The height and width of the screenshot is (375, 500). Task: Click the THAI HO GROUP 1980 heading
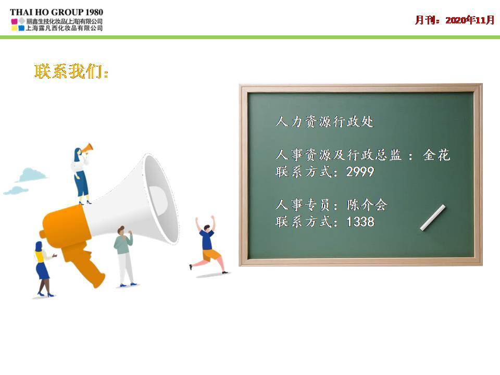[56, 12]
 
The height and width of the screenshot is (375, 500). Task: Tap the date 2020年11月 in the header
[470, 20]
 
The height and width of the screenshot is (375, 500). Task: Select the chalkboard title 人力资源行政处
[324, 121]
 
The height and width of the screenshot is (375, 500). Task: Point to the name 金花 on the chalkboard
[436, 155]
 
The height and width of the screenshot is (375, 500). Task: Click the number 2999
[360, 172]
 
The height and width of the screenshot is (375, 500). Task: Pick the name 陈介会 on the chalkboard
[367, 205]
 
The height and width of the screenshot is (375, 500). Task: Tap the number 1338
[360, 222]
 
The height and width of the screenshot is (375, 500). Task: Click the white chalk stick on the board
[432, 218]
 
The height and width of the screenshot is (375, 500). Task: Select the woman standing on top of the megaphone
[80, 176]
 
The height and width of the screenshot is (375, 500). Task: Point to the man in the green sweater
[124, 256]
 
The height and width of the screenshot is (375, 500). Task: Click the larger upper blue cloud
[31, 174]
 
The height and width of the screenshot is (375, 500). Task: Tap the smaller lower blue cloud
[16, 191]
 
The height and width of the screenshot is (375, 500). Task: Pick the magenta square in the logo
[14, 21]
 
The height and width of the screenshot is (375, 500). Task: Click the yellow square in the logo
[14, 28]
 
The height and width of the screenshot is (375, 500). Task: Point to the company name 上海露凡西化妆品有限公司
[64, 28]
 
